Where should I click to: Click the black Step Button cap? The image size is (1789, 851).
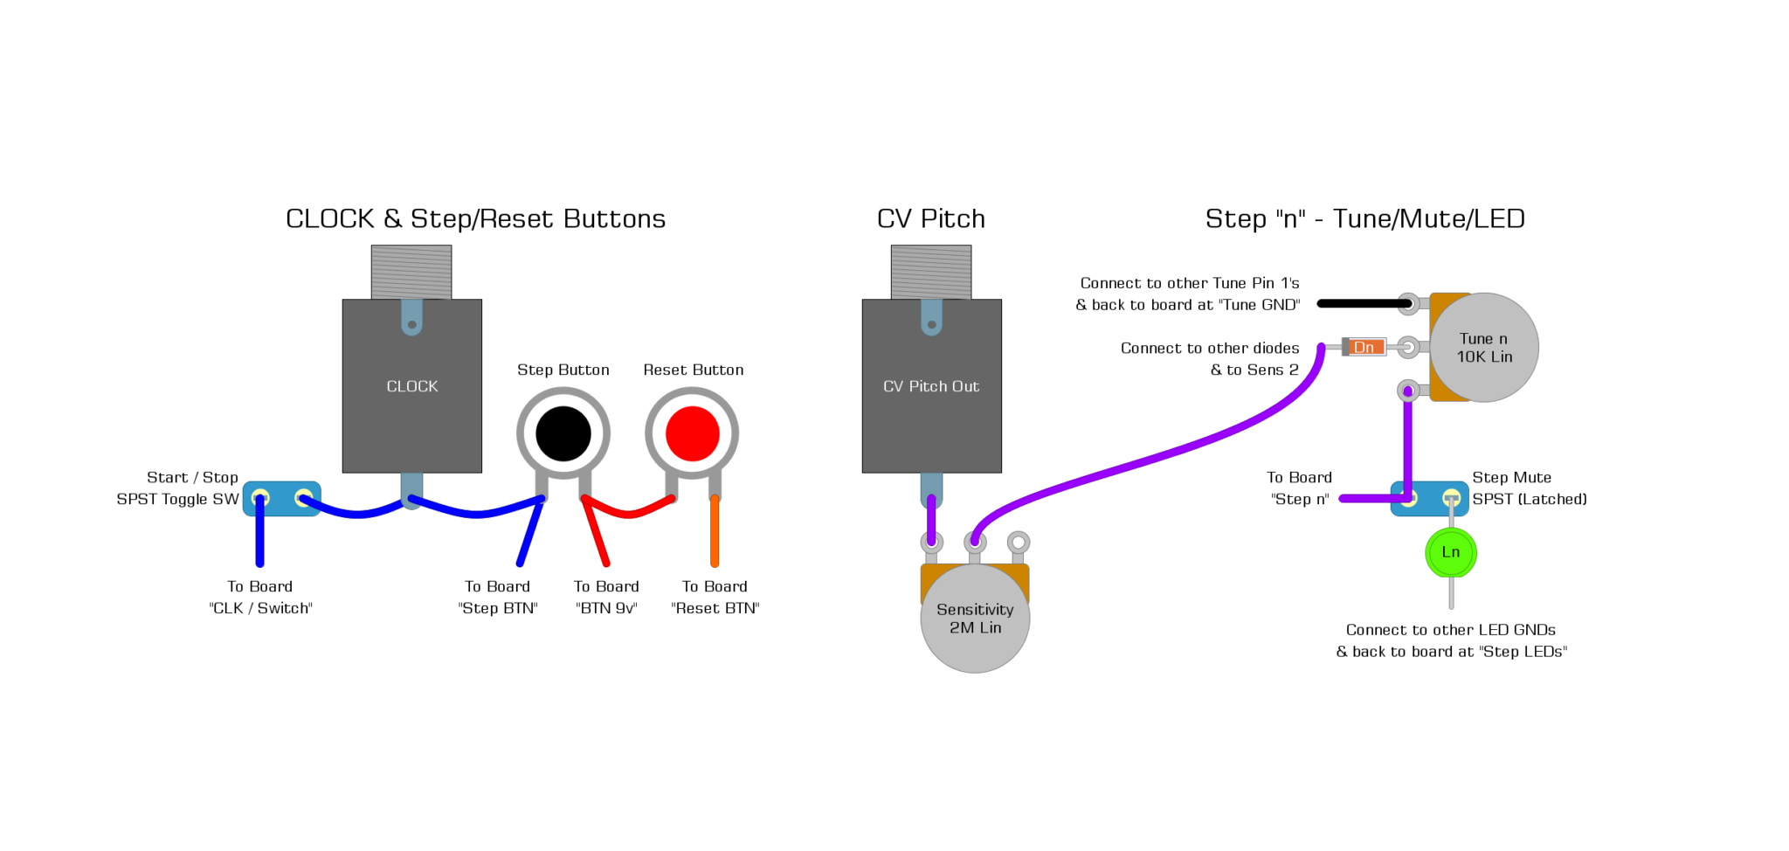563,433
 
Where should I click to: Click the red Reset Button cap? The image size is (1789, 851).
692,433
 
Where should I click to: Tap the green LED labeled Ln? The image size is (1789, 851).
1450,552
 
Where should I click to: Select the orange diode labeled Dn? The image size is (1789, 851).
1364,347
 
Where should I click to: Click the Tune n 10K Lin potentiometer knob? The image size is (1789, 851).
1484,348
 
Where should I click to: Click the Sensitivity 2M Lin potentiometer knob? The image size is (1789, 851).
975,619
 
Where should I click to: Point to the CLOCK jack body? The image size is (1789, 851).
411,411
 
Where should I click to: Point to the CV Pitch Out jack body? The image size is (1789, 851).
931,411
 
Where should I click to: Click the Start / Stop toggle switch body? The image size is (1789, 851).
281,499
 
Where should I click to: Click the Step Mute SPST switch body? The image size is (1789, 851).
1429,499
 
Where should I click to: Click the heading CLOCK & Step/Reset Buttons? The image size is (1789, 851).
475,218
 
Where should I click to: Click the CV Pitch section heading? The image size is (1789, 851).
930,218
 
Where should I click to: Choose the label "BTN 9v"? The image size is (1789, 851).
606,608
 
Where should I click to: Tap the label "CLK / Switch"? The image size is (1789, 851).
260,608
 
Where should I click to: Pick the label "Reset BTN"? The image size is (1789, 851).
715,608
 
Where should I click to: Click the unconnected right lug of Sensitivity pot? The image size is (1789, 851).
1018,543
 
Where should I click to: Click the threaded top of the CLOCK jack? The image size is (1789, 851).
411,272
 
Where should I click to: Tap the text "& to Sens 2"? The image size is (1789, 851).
1254,370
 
